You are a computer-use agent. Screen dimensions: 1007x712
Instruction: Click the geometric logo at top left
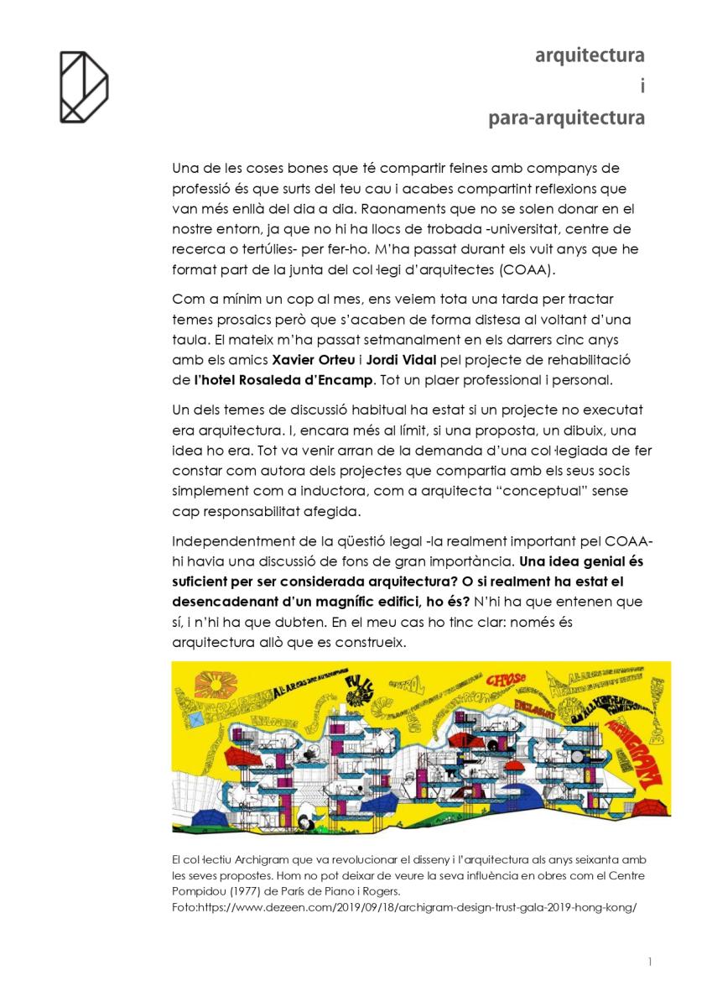83,86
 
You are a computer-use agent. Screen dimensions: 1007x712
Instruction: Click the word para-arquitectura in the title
567,117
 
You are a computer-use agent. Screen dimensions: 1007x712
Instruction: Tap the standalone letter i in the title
642,86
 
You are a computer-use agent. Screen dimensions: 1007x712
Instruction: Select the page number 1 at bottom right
650,962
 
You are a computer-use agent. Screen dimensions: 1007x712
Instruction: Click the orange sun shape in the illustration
215,684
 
